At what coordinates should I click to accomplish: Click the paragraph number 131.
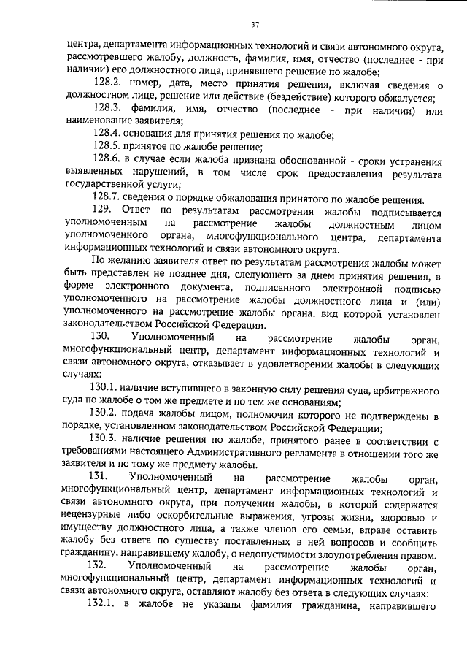click(99, 478)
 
